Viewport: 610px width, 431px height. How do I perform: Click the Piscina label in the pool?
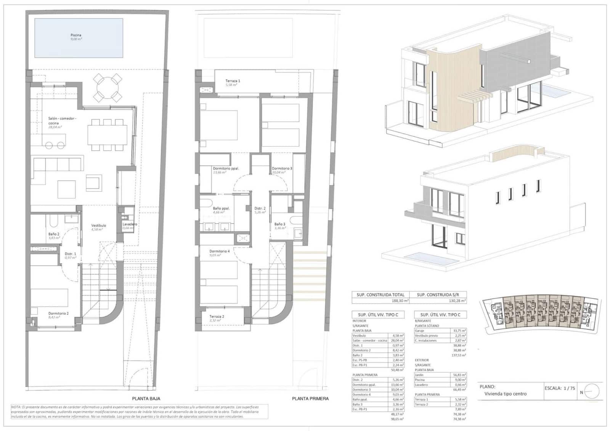pos(76,35)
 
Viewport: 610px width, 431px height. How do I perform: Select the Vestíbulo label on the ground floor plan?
pos(98,225)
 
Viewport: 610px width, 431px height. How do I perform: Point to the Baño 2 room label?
pos(54,234)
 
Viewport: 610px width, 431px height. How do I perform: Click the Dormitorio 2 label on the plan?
pos(58,313)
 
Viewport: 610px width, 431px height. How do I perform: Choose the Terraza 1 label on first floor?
pos(233,81)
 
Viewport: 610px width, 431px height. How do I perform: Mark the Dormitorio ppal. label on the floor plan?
pos(226,168)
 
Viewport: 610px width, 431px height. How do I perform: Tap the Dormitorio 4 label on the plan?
pos(219,251)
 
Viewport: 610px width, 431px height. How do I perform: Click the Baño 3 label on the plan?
pos(279,224)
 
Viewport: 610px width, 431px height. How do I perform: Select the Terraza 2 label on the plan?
pos(217,316)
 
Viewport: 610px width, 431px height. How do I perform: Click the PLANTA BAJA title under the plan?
pos(146,399)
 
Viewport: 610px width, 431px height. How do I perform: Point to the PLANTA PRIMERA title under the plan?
pos(310,399)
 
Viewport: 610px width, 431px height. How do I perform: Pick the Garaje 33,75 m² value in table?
pos(459,331)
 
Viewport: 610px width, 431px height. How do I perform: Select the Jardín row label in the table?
pos(419,375)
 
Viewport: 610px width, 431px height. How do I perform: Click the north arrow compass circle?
pos(592,391)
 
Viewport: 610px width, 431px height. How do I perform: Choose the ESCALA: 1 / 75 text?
pos(560,388)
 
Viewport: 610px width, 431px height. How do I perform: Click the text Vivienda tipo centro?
pos(505,394)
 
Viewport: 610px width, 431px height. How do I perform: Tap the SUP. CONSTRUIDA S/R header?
pos(438,295)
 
